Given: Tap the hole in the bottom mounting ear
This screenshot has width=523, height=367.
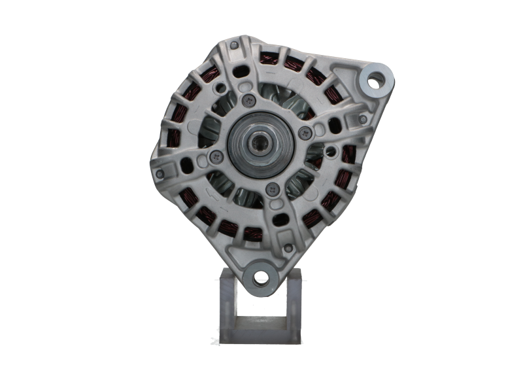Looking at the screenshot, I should coord(261,277).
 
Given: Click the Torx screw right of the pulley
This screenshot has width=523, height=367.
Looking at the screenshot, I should coord(302,133).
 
